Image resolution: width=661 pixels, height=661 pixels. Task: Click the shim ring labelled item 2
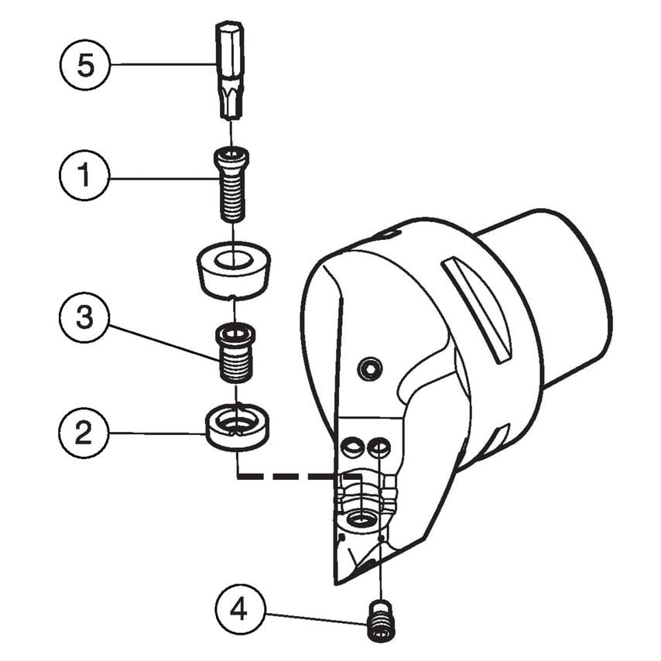236,426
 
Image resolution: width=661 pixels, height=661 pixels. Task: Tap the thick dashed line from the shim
286,476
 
